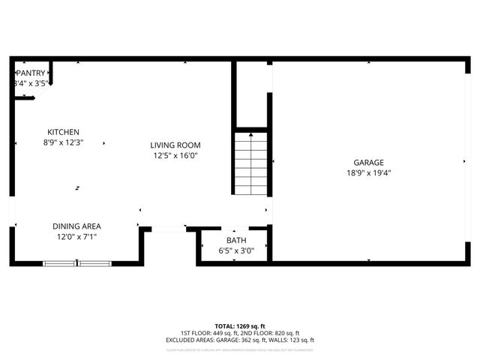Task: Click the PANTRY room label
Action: (31, 73)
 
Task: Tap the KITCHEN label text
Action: (63, 132)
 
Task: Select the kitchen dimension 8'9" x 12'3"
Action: (63, 142)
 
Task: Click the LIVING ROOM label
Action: (175, 145)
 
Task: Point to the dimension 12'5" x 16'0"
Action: (175, 156)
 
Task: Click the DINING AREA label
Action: (76, 226)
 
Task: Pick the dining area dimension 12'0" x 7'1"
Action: (76, 237)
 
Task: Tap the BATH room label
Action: (236, 241)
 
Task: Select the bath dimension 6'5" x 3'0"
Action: (236, 250)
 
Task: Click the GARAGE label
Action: (368, 162)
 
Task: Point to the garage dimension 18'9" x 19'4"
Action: (368, 172)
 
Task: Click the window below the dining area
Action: (77, 262)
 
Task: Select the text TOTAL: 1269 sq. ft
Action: (240, 326)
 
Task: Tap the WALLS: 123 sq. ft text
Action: (294, 340)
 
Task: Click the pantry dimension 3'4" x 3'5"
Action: (31, 83)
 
